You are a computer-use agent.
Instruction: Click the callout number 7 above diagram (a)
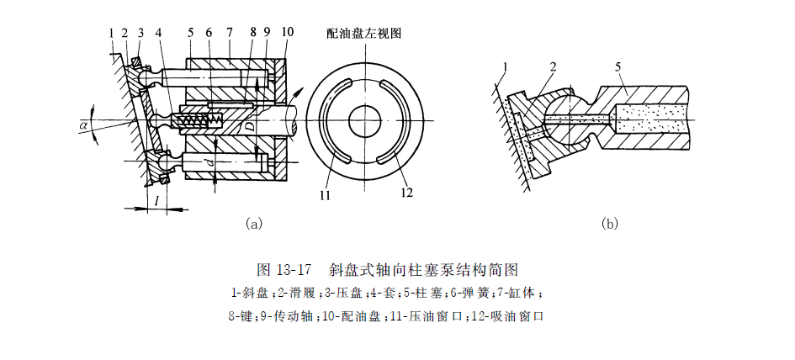pyautogui.click(x=229, y=34)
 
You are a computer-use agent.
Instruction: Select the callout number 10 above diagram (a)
pyautogui.click(x=288, y=34)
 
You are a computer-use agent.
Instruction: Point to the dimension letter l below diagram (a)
pyautogui.click(x=157, y=199)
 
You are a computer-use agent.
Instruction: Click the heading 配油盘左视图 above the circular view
pyautogui.click(x=364, y=34)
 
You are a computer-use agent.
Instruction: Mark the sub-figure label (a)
pyautogui.click(x=252, y=224)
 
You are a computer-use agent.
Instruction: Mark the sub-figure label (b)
pyautogui.click(x=610, y=224)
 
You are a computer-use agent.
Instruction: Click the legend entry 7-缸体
pyautogui.click(x=525, y=294)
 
